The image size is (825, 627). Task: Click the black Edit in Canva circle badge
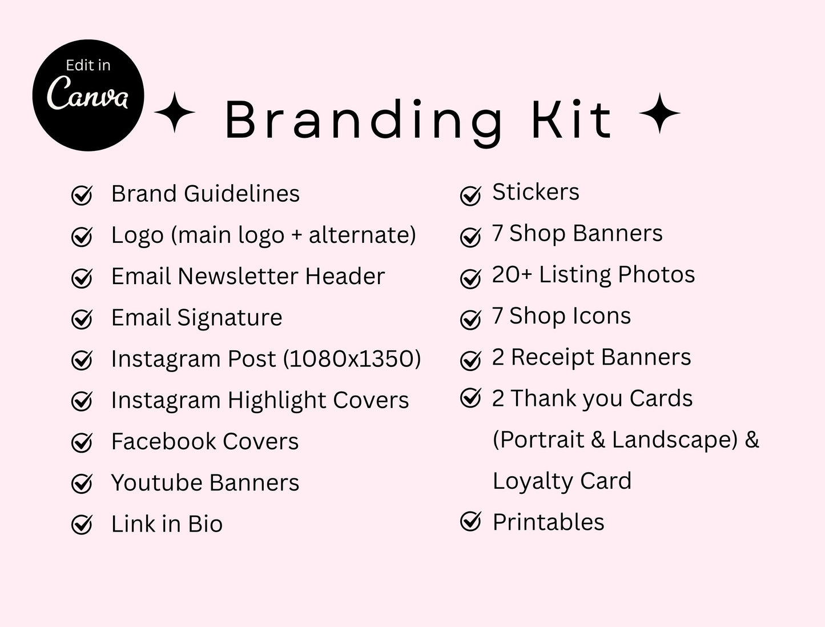[x=88, y=95]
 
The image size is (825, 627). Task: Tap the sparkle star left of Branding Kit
[x=175, y=113]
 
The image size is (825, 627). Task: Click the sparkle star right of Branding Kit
[x=659, y=113]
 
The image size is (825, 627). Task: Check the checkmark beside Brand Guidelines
[x=82, y=195]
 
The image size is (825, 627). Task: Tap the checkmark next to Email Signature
[x=82, y=319]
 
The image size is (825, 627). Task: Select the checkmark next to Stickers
[x=470, y=195]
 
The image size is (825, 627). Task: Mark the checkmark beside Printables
[x=470, y=521]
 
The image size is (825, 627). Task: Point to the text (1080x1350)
[x=352, y=359]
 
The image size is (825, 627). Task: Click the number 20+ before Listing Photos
[x=512, y=275]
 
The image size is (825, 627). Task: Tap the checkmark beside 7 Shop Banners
[x=470, y=237]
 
